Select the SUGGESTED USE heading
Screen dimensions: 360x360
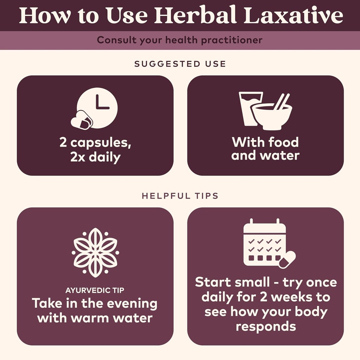(180, 64)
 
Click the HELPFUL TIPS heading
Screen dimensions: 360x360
(180, 196)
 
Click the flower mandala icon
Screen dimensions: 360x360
(95, 252)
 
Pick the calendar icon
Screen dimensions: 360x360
(264, 243)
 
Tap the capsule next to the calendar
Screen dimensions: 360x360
(287, 259)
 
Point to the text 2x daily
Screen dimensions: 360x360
(95, 157)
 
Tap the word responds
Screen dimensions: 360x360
(265, 326)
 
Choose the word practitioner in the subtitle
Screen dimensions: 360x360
(232, 40)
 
